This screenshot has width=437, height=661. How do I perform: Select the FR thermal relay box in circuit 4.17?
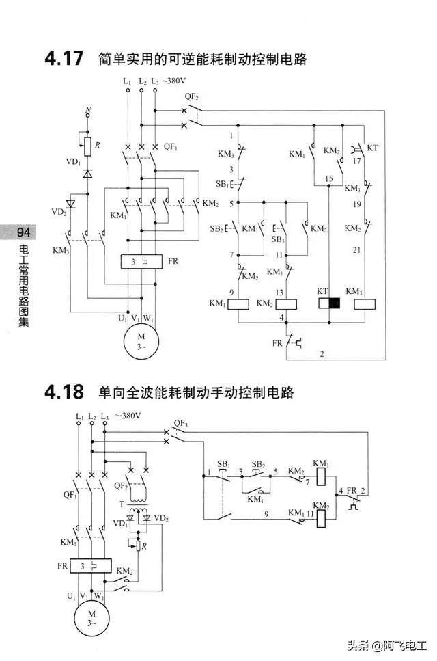point(140,262)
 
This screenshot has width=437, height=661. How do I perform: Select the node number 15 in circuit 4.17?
point(329,178)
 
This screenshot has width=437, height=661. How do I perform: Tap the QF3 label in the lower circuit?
point(180,424)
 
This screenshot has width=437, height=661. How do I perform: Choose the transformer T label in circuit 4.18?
point(123,504)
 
